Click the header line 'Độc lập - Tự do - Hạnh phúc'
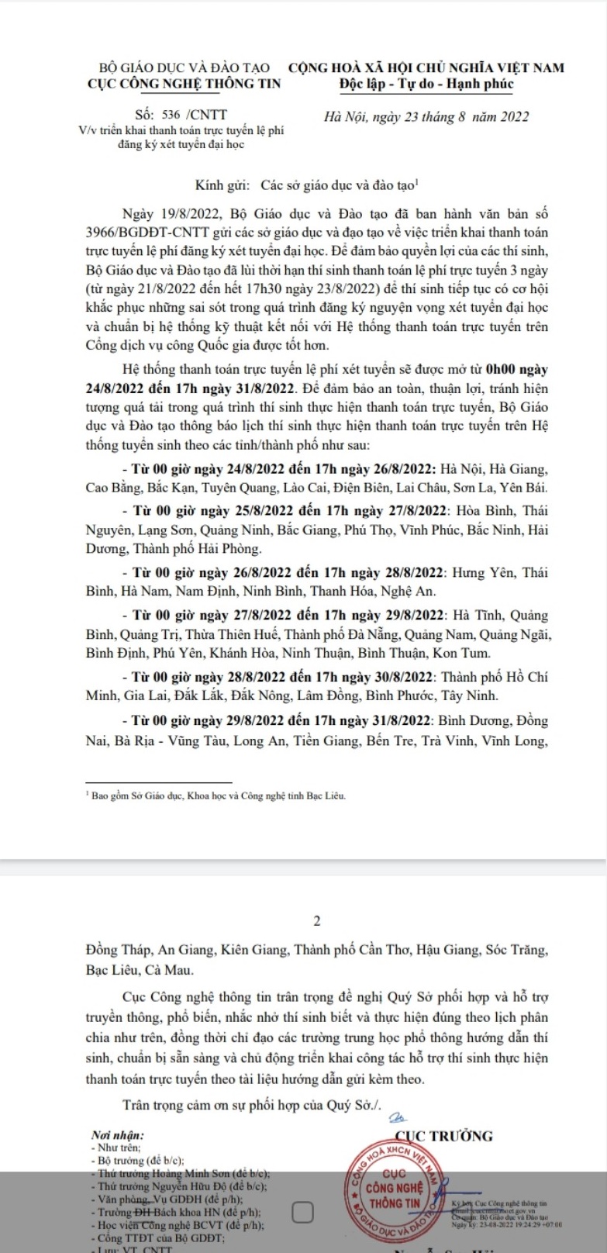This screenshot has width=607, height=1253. point(426,84)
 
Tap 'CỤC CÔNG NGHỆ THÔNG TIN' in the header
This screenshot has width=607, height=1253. point(185,84)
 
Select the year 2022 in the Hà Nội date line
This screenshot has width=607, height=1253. point(513,117)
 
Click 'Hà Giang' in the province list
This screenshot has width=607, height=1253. point(519,469)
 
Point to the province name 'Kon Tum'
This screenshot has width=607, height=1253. point(467,653)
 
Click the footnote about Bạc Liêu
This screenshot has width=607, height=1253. point(218,796)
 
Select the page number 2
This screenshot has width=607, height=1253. point(316,921)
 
